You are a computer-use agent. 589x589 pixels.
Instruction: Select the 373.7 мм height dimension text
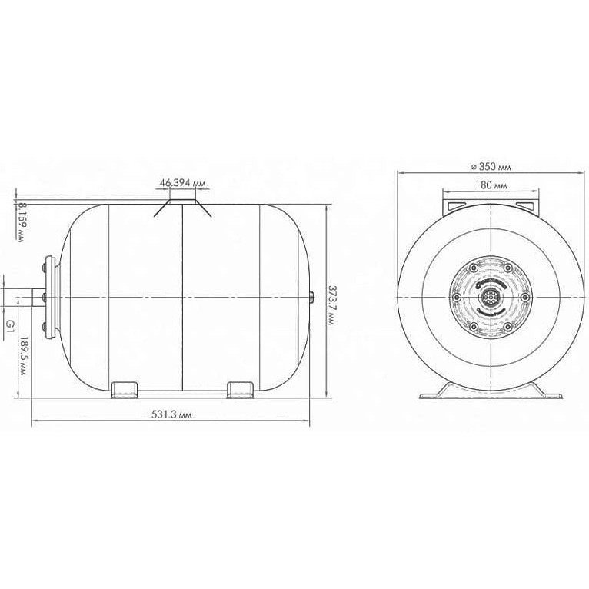tap(332, 305)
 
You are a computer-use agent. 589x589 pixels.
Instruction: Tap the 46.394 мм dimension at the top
tap(183, 183)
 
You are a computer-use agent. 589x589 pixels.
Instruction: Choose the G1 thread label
tap(11, 325)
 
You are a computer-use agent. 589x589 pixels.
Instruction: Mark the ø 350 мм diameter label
tap(491, 167)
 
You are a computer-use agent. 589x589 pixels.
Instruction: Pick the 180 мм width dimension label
tap(491, 185)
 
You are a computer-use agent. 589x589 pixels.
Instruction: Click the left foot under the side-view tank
tap(125, 390)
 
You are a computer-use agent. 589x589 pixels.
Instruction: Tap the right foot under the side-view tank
tap(241, 390)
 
